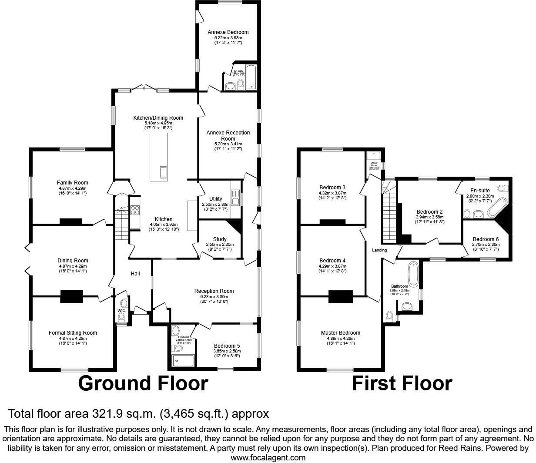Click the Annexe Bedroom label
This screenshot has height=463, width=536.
point(228,32)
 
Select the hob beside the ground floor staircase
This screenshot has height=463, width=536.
point(135,210)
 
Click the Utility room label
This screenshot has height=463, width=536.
point(215,199)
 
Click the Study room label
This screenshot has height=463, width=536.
point(220,239)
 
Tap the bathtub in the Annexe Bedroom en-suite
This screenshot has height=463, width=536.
point(251,77)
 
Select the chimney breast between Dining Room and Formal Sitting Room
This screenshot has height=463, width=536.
point(72,296)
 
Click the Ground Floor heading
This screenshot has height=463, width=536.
point(143,383)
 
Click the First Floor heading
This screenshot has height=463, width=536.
point(402,383)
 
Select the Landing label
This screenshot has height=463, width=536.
point(379,250)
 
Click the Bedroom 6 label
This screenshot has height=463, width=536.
point(486,239)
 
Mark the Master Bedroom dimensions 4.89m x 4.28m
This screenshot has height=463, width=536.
point(340,338)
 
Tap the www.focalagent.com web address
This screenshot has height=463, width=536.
point(268,457)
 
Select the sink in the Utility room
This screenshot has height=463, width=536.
point(235,201)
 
